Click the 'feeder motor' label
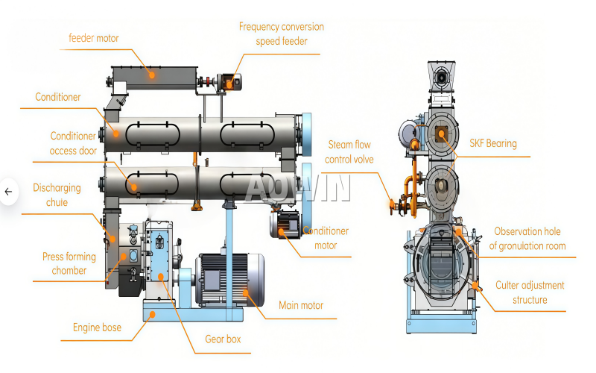tap(93, 38)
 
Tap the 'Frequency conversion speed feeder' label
tap(282, 34)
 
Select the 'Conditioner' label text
tap(58, 97)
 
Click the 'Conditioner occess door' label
tap(73, 143)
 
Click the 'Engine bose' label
tap(97, 327)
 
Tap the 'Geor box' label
tap(223, 339)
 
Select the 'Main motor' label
tap(301, 305)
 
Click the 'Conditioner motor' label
tap(326, 238)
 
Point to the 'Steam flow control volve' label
tap(348, 151)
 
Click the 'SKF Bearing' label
tap(492, 143)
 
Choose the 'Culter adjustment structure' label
tap(530, 292)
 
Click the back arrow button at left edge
tap(8, 192)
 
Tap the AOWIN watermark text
tap(298, 188)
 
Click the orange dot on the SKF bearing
tap(442, 134)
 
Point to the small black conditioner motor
tap(286, 224)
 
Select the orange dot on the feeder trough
tap(151, 73)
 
